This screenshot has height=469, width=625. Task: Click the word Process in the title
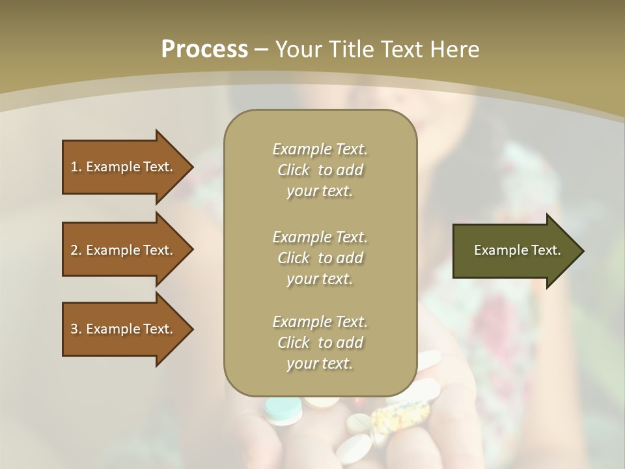click(x=204, y=50)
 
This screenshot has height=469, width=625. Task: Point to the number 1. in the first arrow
click(x=76, y=167)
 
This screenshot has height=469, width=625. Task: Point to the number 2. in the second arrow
click(x=76, y=250)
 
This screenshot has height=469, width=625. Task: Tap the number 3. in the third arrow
click(x=76, y=329)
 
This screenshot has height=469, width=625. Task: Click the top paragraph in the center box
click(x=320, y=170)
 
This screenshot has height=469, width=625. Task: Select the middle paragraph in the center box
click(x=320, y=258)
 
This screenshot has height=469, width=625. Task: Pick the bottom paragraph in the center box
click(x=320, y=343)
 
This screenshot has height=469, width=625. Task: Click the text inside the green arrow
click(x=518, y=250)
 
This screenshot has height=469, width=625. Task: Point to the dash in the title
click(x=261, y=50)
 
